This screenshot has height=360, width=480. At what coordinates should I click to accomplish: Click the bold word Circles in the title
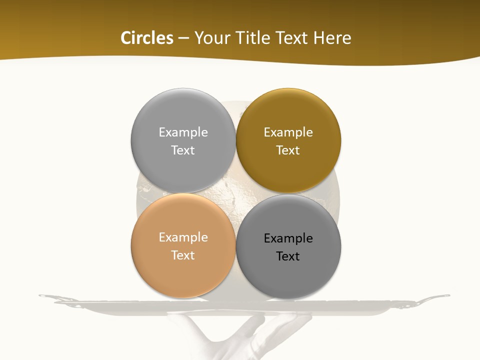point(146,38)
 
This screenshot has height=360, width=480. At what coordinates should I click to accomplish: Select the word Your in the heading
point(211,38)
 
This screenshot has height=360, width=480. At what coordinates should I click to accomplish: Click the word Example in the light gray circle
point(183,132)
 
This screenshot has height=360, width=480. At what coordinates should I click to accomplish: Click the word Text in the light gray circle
point(183,150)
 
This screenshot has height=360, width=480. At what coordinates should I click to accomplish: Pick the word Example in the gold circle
point(288,132)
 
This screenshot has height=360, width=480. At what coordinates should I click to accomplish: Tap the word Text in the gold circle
point(288,150)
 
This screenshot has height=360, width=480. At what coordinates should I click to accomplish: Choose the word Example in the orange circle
point(183,237)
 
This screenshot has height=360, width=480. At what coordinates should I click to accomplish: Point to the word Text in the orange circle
point(183,255)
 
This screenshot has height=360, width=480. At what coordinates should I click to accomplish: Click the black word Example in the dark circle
point(288,238)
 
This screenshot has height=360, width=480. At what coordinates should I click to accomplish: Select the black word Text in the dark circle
point(288,256)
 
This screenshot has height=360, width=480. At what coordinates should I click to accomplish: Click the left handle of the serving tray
point(50,297)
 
